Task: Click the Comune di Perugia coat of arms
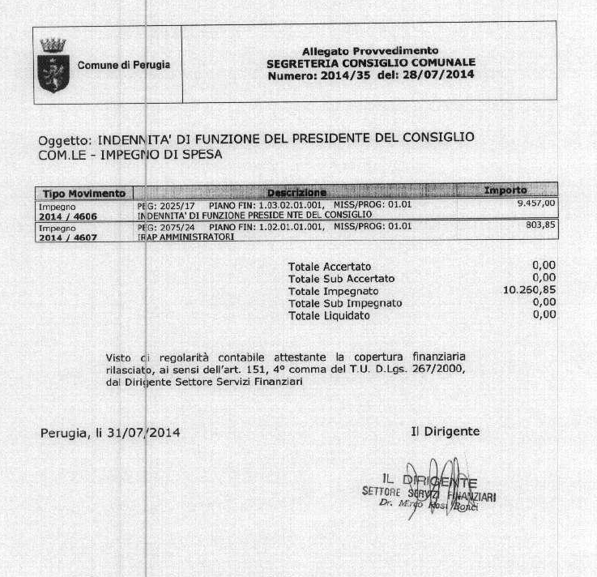53,65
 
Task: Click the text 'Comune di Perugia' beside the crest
123,65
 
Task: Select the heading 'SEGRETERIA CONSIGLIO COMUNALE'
370,62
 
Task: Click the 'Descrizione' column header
296,193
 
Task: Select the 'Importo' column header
505,191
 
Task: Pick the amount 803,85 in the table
540,226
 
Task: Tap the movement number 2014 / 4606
69,216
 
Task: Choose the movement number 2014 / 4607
69,237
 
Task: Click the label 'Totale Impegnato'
333,290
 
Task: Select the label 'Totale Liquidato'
329,315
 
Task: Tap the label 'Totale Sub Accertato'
341,278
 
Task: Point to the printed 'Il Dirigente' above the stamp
445,431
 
